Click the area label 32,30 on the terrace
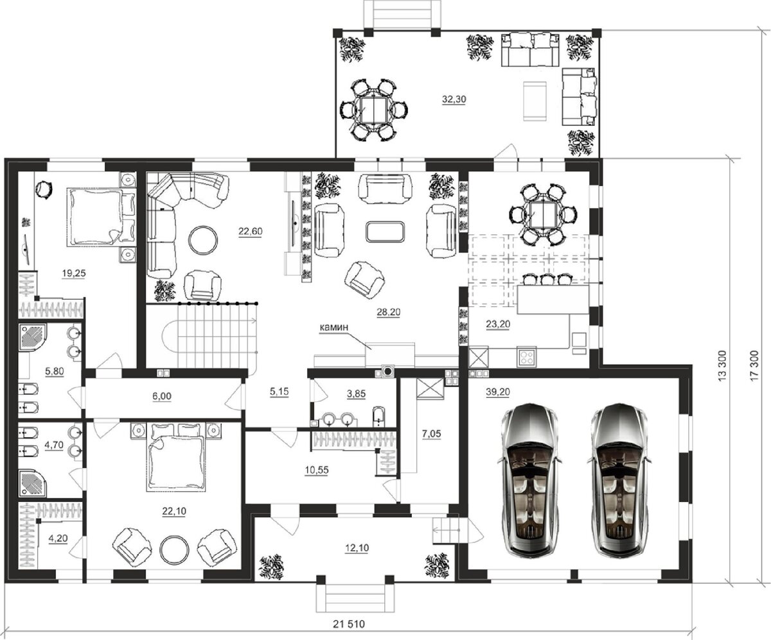click(x=454, y=99)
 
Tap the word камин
click(x=334, y=327)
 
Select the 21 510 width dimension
click(x=349, y=624)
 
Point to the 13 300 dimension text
click(x=723, y=365)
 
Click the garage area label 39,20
click(x=498, y=392)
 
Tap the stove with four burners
click(x=526, y=357)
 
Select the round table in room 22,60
click(x=203, y=240)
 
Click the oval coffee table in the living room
click(x=385, y=232)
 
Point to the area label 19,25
click(x=74, y=273)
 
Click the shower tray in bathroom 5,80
click(x=33, y=336)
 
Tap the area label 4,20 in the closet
click(x=58, y=538)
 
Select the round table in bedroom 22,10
click(x=174, y=549)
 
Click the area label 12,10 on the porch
click(x=357, y=548)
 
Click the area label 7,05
click(x=431, y=434)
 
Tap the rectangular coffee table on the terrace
click(x=535, y=101)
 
